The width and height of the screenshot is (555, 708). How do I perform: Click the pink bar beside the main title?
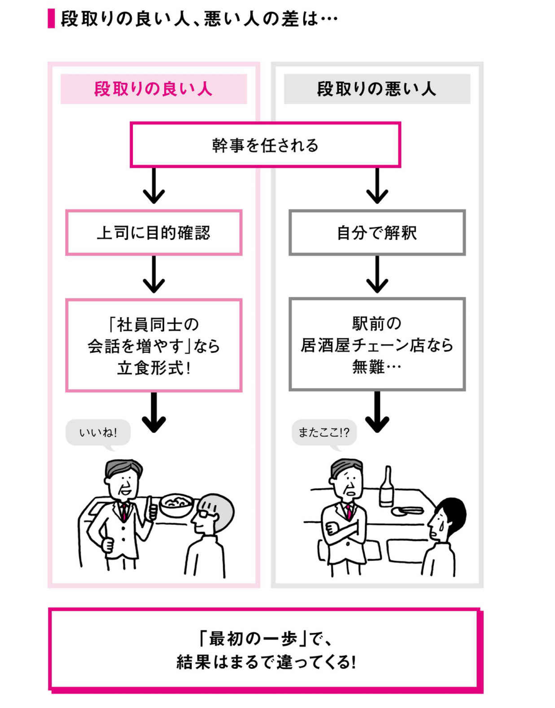[51, 19]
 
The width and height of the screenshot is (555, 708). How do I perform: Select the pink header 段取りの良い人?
[153, 89]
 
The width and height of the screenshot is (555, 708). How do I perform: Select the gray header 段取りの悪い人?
[377, 89]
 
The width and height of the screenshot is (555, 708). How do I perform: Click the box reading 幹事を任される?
[265, 145]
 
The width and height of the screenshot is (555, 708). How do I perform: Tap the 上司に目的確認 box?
[153, 233]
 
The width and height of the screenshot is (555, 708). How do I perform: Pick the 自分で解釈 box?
[377, 233]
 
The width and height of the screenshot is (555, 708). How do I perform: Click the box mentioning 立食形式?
[153, 345]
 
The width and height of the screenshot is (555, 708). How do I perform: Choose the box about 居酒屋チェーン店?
[377, 344]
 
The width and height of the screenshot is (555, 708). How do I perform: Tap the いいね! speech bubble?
[98, 432]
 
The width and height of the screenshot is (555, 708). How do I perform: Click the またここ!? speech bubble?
[324, 432]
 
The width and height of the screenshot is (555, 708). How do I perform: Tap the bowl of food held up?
[176, 505]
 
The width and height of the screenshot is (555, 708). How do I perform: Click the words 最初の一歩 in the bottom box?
[253, 639]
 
